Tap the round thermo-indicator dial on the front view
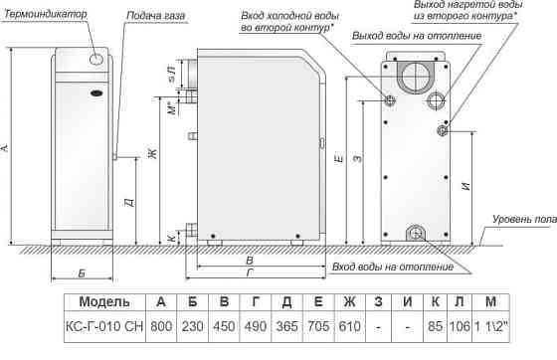[96, 62]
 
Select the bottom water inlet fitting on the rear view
[415, 233]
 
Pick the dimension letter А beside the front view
[7, 148]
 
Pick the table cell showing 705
[318, 323]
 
